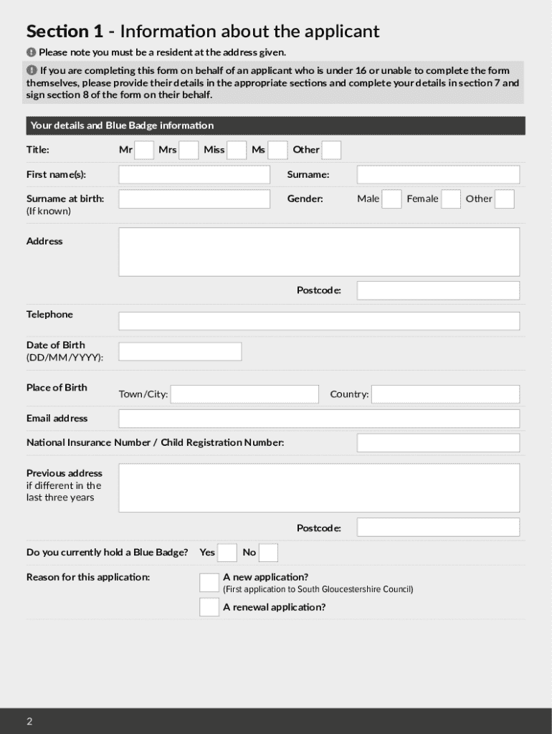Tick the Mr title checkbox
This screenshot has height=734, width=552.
144,150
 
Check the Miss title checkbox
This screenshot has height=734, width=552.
237,150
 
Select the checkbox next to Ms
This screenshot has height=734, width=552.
278,150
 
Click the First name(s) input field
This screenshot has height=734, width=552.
194,175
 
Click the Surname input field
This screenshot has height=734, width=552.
438,175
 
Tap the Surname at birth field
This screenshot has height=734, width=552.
194,199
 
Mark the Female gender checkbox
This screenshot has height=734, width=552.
451,199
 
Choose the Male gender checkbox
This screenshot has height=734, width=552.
391,199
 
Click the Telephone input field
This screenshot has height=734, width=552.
319,321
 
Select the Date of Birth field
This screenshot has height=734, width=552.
180,351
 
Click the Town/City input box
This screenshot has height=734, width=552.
244,394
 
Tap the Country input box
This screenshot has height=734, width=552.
445,394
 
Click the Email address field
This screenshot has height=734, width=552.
319,419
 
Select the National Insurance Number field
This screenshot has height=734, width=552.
438,443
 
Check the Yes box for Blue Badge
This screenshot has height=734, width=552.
227,553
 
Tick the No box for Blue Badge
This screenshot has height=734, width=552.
268,553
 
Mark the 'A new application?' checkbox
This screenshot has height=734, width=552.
209,583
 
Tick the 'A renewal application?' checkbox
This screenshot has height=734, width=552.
209,607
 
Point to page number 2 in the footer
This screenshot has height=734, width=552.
29,721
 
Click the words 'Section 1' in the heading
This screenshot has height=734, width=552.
65,32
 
